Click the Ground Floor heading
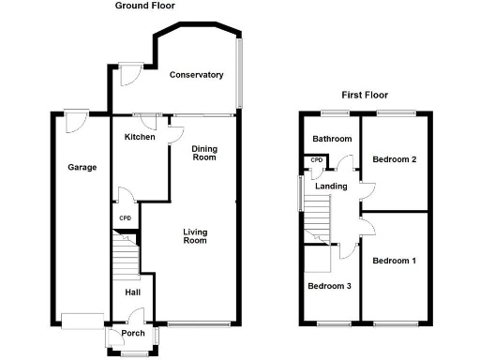144,6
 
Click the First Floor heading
364,95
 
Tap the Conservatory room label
196,75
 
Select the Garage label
82,168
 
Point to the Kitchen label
140,138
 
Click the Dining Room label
203,153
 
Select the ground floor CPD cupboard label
125,219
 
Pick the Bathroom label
332,140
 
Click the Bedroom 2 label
394,159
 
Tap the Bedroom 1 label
394,261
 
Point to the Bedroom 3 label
329,286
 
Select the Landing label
332,187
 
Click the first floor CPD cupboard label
317,160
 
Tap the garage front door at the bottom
81,318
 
